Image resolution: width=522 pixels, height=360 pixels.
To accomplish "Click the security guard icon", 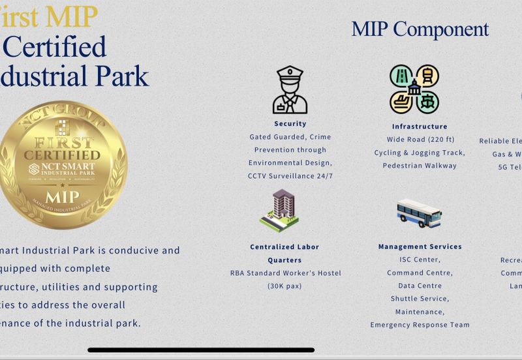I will tap(290, 90).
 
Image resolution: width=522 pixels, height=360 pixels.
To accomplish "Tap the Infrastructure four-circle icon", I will tap(414, 89).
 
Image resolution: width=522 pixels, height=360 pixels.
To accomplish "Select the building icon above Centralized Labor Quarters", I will tap(279, 211).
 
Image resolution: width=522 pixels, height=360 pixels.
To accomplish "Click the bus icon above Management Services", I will tap(419, 213).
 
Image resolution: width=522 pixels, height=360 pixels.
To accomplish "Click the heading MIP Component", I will tap(420, 29).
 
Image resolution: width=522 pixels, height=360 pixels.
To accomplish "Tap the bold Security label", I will tap(290, 124).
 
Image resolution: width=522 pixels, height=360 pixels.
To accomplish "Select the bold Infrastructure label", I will tap(420, 127).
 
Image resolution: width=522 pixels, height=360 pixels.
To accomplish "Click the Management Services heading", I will tap(420, 247).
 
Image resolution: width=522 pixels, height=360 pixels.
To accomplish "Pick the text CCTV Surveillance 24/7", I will tap(290, 176).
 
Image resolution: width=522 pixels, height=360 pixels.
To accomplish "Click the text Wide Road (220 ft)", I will tap(420, 140).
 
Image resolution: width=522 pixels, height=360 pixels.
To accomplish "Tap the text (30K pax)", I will tap(285, 286).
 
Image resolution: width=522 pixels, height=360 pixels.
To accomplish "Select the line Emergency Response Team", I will tap(420, 325).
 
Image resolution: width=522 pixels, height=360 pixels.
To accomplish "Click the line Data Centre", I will tap(420, 286).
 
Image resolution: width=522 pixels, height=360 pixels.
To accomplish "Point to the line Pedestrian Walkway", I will tap(420, 166).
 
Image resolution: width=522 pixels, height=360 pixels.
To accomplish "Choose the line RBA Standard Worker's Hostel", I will tap(285, 273).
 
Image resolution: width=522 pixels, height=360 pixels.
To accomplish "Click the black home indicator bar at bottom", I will tap(201, 350).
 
